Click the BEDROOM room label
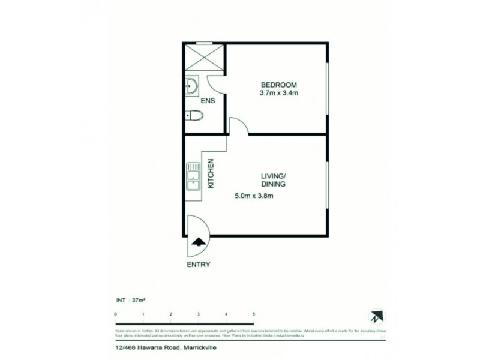click(x=278, y=84)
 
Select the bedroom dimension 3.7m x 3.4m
click(x=279, y=93)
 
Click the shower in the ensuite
click(x=204, y=58)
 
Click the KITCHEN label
click(x=212, y=174)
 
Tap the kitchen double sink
click(x=193, y=177)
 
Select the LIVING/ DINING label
click(x=272, y=179)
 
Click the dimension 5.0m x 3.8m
click(x=256, y=195)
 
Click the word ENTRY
click(x=198, y=263)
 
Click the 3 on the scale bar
click(x=199, y=314)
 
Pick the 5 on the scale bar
click(x=254, y=314)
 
